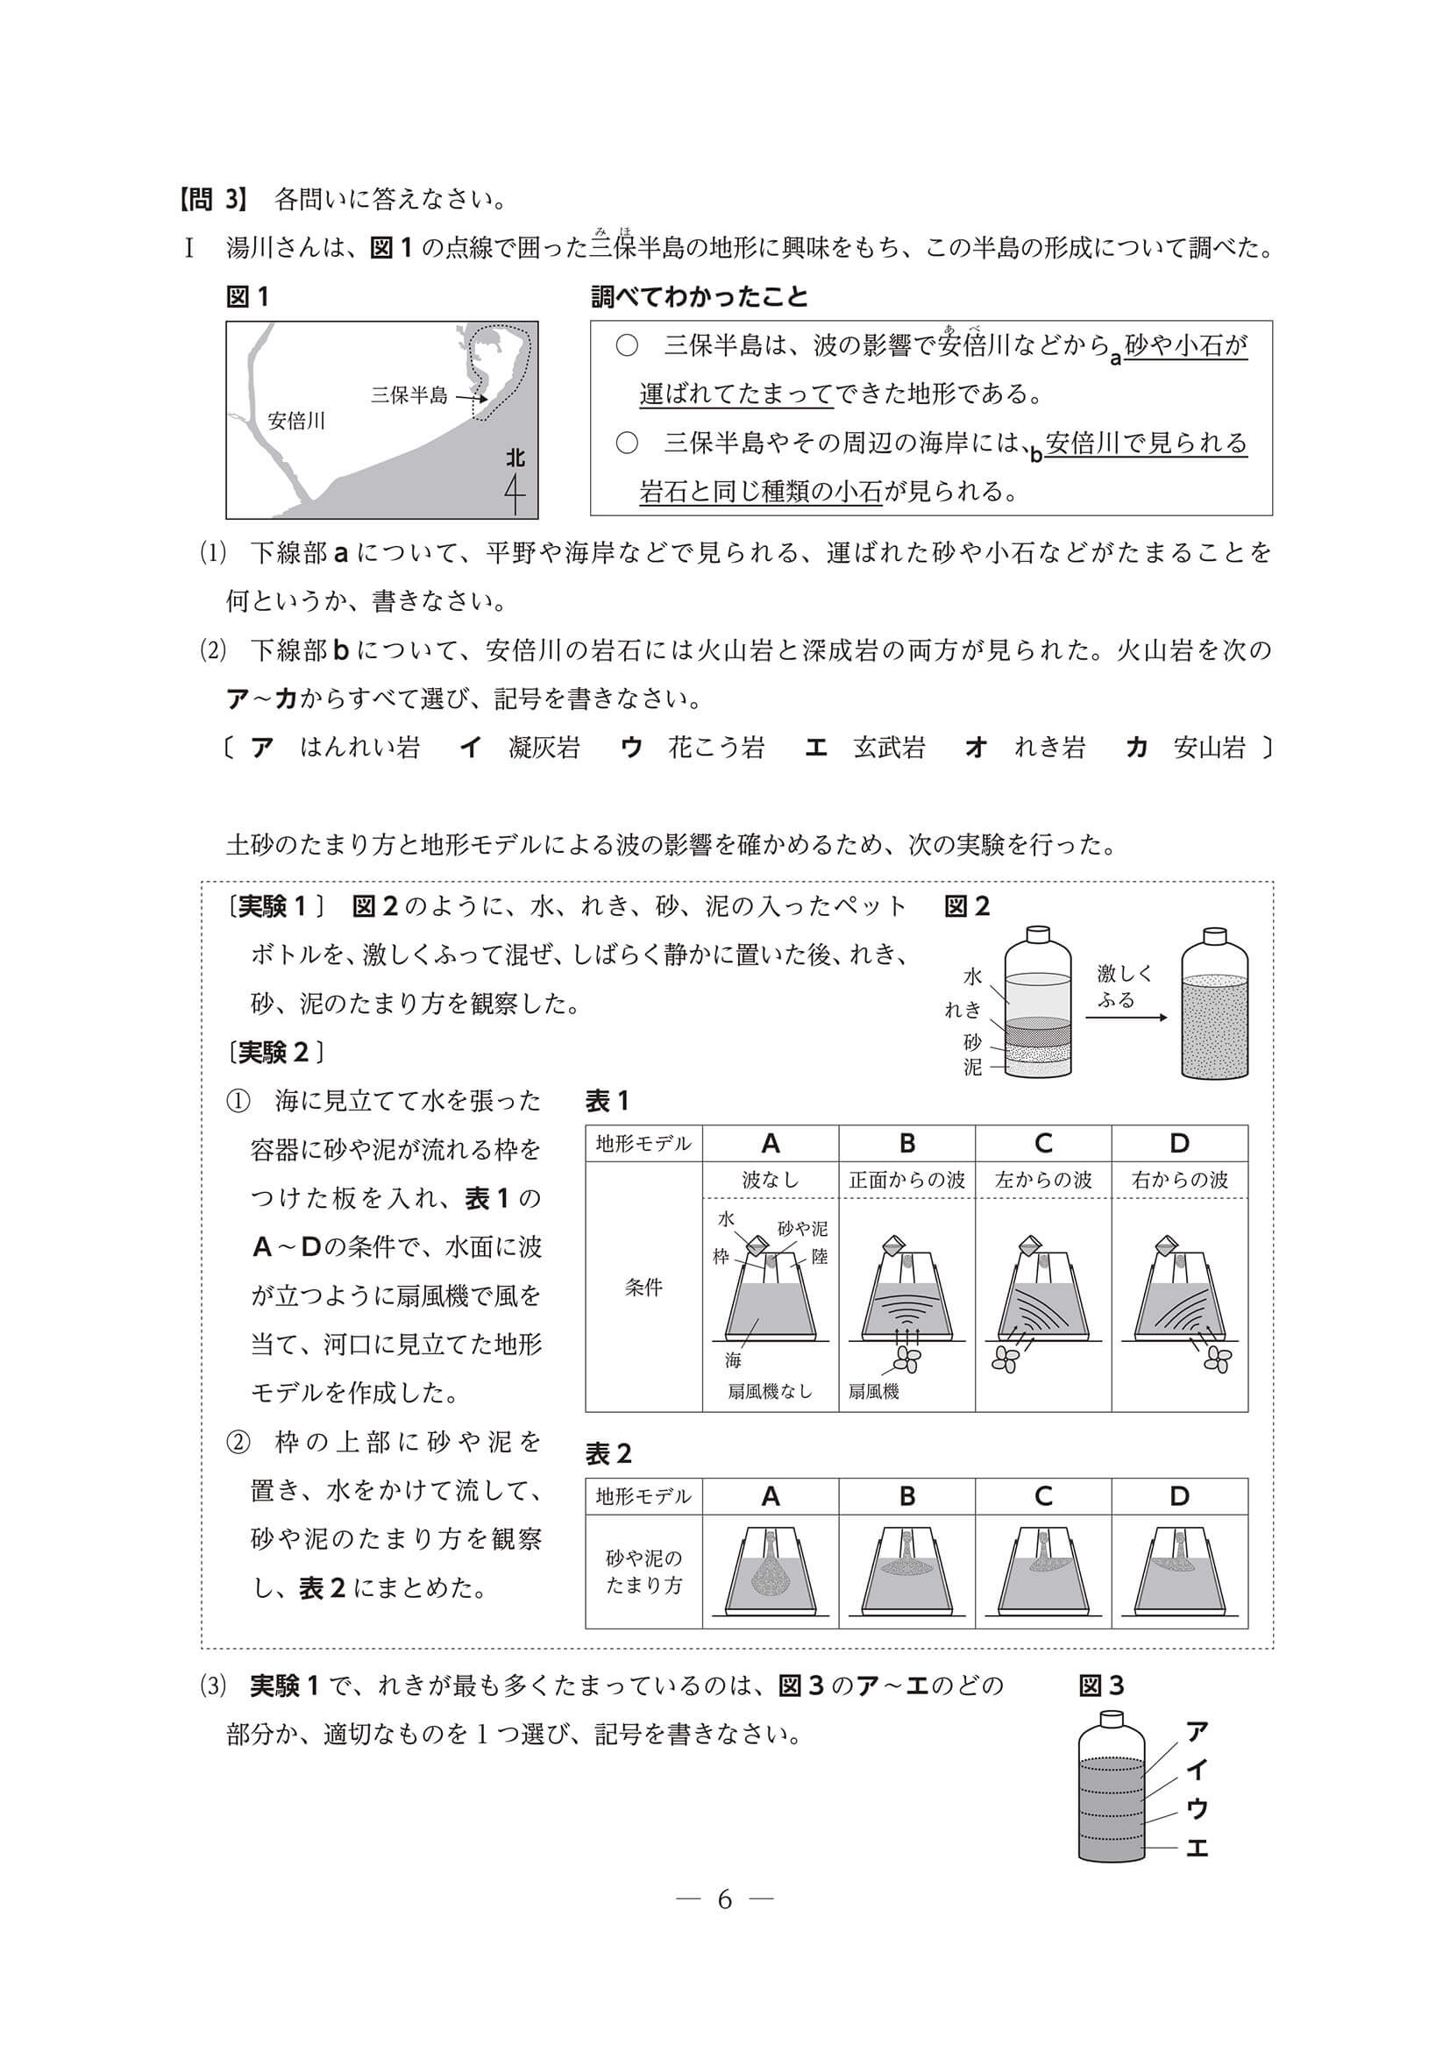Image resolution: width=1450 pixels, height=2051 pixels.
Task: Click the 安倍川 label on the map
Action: coord(296,421)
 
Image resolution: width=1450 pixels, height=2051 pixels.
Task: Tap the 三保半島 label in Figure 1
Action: coord(409,394)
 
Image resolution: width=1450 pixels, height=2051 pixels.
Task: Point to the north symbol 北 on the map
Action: coord(515,458)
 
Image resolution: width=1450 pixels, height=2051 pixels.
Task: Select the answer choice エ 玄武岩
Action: coord(866,748)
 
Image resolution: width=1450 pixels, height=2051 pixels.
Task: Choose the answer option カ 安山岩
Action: coord(1186,748)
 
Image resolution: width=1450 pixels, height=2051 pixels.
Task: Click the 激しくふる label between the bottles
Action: coord(1125,986)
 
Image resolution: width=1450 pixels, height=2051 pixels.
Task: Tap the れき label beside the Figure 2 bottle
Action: coord(963,1011)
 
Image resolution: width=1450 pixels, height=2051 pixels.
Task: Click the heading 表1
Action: coord(608,1102)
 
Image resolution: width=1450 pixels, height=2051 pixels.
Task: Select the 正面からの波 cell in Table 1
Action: coord(906,1180)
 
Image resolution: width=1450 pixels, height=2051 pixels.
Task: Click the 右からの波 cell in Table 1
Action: coord(1179,1180)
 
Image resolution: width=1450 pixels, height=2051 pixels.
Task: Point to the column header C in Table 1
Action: coord(1042,1144)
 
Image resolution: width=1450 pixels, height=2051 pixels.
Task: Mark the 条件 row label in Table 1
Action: coord(643,1288)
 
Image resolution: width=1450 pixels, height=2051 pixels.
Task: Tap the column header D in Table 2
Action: coord(1179,1496)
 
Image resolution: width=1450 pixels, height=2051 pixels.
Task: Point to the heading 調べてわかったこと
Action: coord(700,297)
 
